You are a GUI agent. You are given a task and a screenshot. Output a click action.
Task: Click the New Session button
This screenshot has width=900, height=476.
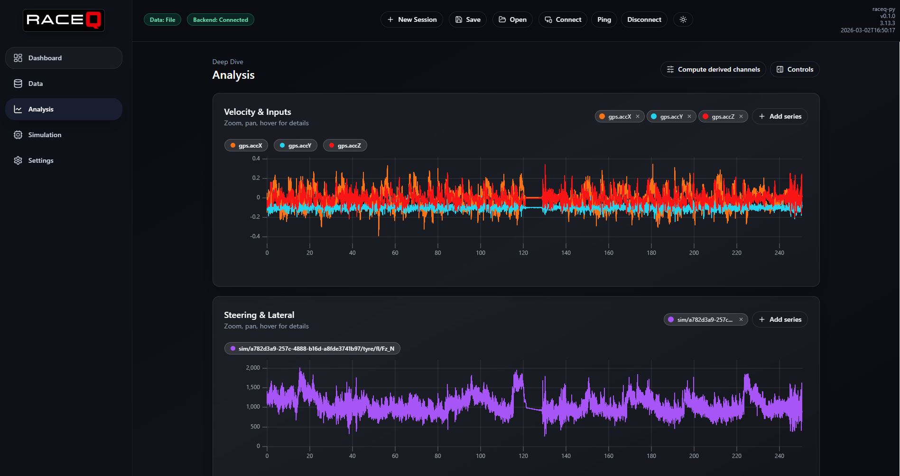[411, 19]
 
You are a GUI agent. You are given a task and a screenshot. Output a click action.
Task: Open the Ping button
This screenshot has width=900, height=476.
[604, 19]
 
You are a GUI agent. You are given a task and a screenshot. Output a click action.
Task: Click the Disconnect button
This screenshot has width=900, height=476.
[644, 19]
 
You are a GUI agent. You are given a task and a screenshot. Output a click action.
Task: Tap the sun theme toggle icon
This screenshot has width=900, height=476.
[683, 19]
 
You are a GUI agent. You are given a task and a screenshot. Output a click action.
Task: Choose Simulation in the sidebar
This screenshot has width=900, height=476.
[45, 135]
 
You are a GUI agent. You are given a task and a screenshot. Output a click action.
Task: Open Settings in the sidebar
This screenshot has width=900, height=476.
[41, 160]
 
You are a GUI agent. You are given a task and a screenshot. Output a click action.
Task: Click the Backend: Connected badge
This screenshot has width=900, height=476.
[220, 19]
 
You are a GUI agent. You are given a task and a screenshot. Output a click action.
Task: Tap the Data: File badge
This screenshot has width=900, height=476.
[162, 19]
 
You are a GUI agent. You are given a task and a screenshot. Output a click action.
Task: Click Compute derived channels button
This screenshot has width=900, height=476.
[713, 69]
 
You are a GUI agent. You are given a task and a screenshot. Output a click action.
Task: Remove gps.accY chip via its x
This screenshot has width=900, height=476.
[689, 116]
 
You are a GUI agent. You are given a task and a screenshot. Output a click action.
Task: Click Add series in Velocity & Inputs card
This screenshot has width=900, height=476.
[779, 116]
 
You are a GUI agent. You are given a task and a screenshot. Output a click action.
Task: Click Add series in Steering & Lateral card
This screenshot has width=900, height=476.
[779, 319]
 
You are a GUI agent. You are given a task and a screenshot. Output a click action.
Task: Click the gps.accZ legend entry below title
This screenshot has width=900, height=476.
[345, 146]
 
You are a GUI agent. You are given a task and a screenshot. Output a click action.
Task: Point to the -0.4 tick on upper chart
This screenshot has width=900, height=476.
[255, 236]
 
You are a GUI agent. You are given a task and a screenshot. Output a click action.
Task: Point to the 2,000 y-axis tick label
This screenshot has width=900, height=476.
[253, 368]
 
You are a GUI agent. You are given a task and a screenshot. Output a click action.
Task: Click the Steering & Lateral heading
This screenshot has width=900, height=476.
[259, 315]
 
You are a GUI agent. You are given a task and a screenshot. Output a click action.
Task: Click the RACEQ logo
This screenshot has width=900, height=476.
[64, 20]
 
